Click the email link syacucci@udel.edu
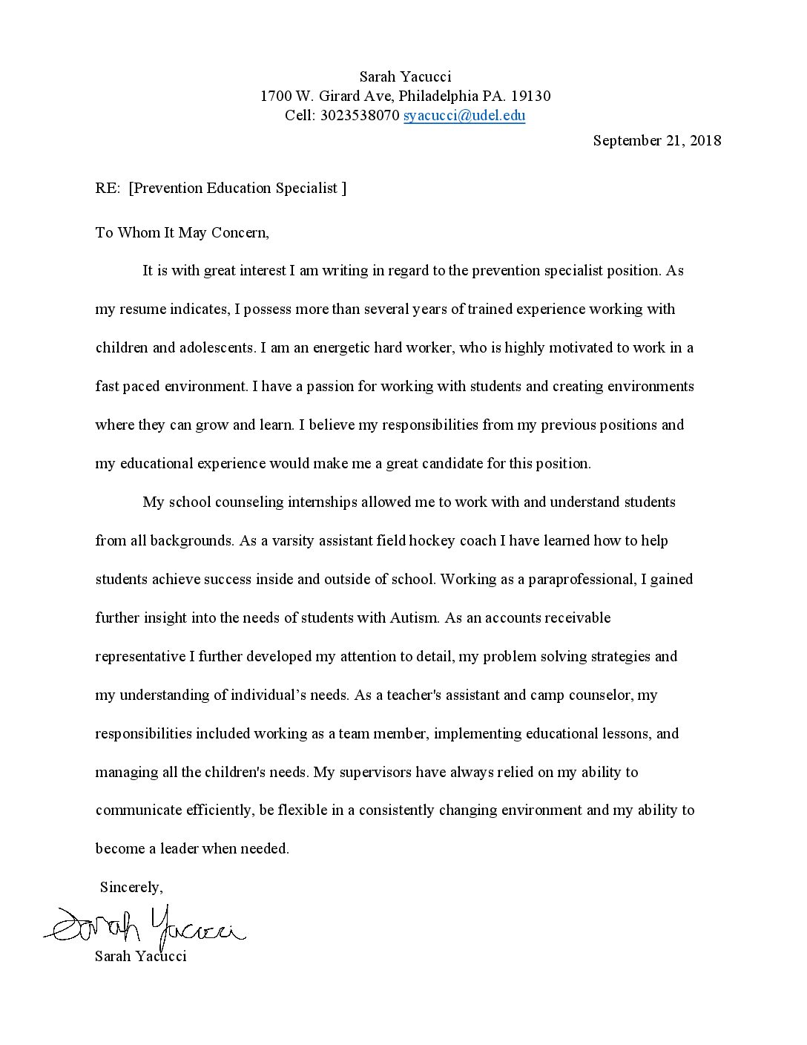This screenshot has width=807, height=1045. point(464,116)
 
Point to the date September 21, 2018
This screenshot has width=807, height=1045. point(657,141)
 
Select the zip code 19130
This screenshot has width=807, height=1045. point(531,96)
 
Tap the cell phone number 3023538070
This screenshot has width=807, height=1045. point(360,116)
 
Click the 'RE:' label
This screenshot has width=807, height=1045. point(108,189)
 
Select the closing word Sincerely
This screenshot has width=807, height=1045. point(131,888)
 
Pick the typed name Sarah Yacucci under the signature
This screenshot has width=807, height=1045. point(141,956)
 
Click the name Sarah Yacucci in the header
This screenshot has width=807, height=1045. point(405,77)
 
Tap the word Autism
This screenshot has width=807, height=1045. point(415,618)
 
